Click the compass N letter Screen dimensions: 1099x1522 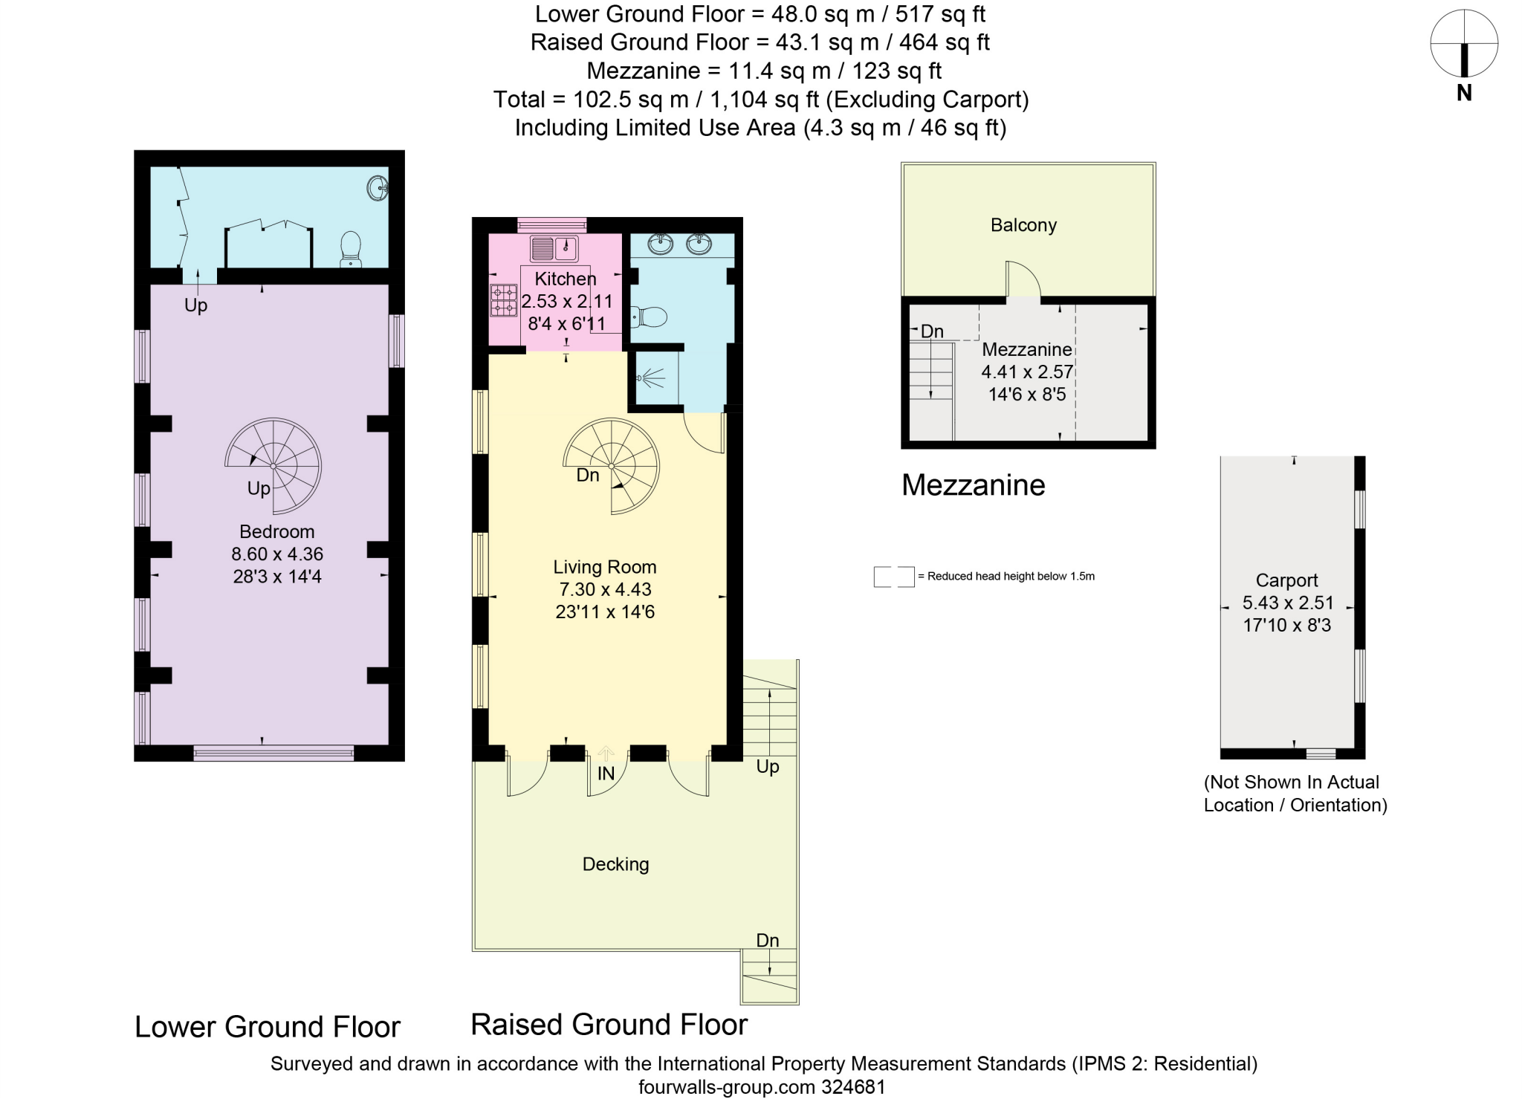(x=1463, y=94)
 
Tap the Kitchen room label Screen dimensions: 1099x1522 (x=566, y=279)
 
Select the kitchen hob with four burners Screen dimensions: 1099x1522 (x=503, y=300)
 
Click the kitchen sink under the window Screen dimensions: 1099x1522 (x=554, y=248)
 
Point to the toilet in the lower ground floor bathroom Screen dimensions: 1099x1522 (x=351, y=248)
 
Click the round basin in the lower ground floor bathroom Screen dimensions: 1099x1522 (x=378, y=187)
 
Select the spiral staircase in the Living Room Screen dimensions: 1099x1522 (x=612, y=466)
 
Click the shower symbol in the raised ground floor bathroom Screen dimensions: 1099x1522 (x=649, y=380)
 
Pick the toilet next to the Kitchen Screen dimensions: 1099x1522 (x=649, y=317)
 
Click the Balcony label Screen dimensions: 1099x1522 (x=1023, y=225)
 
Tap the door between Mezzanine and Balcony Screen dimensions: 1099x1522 (x=1023, y=282)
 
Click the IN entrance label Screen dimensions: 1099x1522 (x=606, y=774)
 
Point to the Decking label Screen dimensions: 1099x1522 (x=615, y=864)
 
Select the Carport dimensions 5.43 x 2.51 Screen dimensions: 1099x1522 (x=1288, y=603)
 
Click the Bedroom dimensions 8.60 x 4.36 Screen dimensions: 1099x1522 (x=277, y=554)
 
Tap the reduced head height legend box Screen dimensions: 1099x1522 (x=893, y=577)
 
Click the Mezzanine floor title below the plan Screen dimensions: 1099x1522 (x=973, y=485)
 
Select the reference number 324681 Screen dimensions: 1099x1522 (x=853, y=1088)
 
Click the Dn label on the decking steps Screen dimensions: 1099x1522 (x=767, y=941)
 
